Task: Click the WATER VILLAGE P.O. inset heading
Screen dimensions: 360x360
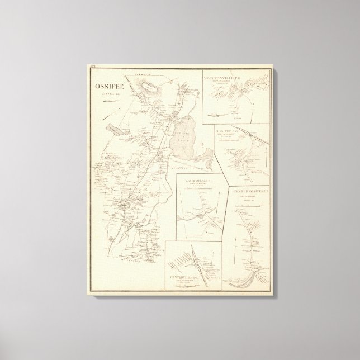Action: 199,180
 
